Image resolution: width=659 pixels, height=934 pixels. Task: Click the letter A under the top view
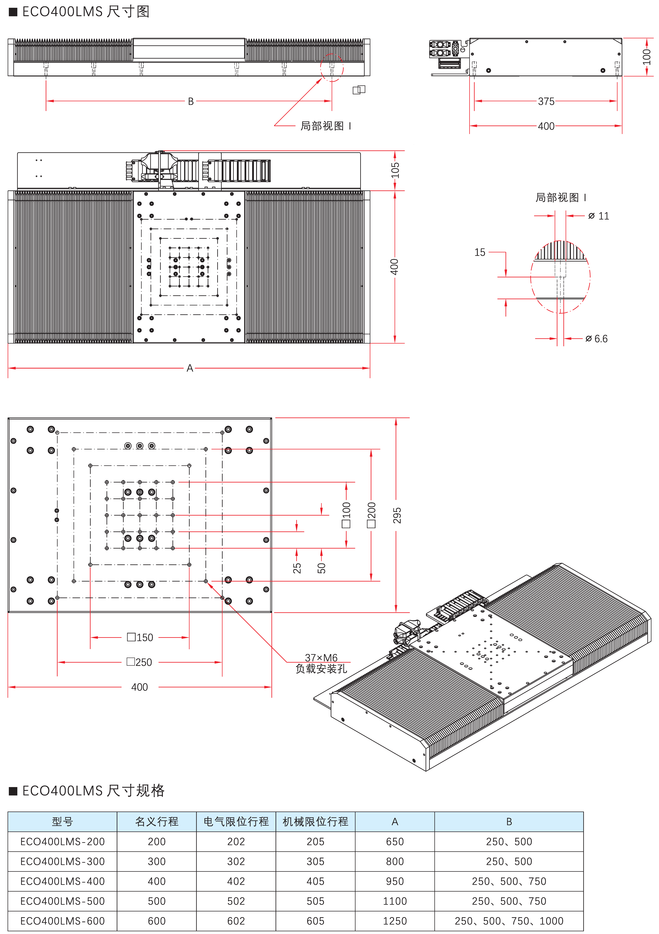point(190,368)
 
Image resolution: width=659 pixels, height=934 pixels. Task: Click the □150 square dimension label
point(140,637)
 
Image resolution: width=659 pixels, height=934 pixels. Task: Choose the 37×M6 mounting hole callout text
point(321,658)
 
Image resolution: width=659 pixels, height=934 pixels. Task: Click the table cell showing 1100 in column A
point(395,901)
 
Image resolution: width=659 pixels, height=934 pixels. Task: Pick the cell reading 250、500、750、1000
point(509,921)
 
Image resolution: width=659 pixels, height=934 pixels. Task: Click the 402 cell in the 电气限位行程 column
point(236,881)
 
